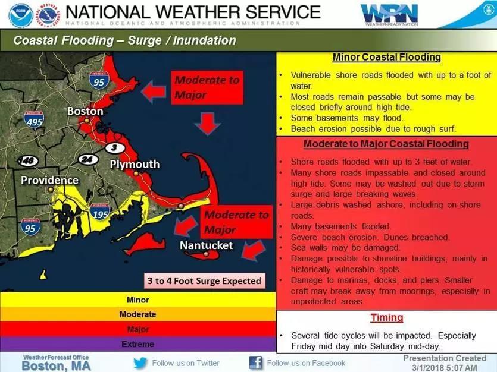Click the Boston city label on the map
click(85, 111)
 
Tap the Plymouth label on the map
click(135, 164)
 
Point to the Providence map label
click(50, 180)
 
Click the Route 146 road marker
click(28, 161)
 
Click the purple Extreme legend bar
click(137, 344)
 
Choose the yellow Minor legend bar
click(137, 300)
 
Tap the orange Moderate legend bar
click(137, 314)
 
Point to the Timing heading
click(386, 318)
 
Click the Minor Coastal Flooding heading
click(386, 58)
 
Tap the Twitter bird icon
click(140, 362)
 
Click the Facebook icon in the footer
click(256, 362)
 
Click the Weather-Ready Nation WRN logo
click(389, 14)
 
